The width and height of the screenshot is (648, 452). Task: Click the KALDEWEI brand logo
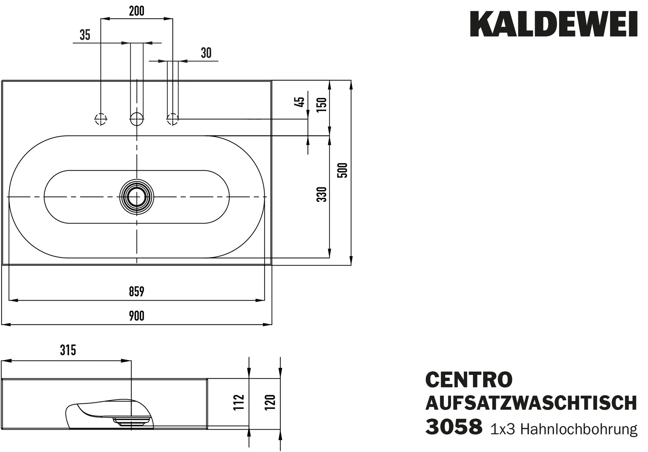[553, 24]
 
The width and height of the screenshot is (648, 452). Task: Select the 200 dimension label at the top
[137, 11]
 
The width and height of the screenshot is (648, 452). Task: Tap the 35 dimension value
[85, 35]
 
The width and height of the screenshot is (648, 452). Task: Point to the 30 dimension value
[206, 53]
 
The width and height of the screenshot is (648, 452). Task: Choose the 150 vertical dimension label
[321, 105]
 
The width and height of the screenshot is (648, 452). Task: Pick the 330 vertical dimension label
[321, 194]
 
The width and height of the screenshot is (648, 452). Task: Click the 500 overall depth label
[343, 170]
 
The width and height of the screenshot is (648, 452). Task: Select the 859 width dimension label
[137, 291]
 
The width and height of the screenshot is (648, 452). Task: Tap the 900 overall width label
[137, 316]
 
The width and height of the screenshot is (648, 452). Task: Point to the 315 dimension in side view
[68, 350]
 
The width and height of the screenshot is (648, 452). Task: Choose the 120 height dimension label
[271, 402]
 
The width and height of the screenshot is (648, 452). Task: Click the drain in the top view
[137, 197]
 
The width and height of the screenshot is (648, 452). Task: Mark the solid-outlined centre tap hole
[137, 119]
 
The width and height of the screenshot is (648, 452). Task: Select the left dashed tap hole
[101, 119]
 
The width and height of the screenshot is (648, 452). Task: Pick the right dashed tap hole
[172, 119]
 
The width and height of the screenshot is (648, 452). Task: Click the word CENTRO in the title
[469, 380]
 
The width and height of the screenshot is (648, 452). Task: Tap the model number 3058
[454, 427]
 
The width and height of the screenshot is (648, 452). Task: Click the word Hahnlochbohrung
[579, 429]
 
